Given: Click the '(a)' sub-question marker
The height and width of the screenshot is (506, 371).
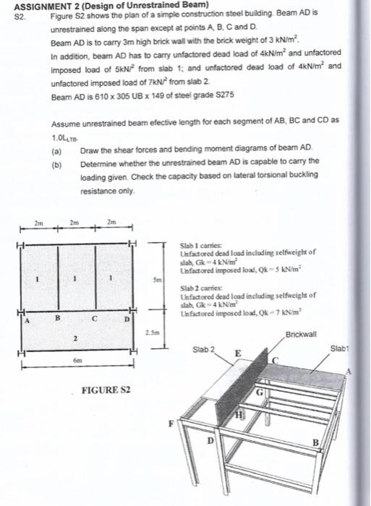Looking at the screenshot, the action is [57, 151].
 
